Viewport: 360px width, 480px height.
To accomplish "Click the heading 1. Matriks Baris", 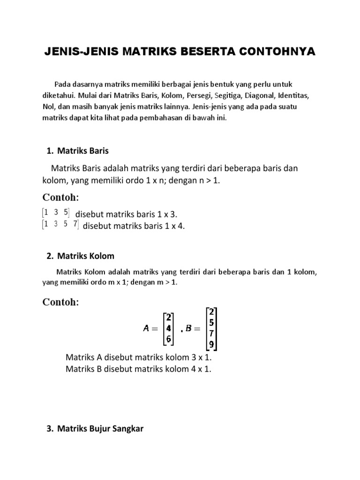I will pos(78,150).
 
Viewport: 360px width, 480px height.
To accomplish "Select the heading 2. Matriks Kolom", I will pos(80,256).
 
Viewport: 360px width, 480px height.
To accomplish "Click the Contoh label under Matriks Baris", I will pos(61,197).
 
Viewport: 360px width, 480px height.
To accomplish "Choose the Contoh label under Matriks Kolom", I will pos(61,302).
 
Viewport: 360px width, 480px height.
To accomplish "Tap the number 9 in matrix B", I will pos(212,344).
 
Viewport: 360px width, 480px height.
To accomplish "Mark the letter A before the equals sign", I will pos(146,329).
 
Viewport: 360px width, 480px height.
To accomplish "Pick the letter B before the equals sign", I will pos(189,329).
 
